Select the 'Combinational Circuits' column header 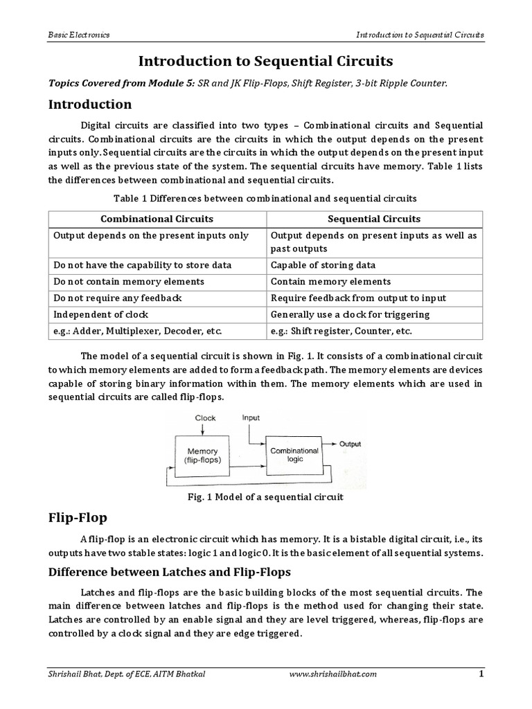[x=157, y=219]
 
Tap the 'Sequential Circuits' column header [x=374, y=219]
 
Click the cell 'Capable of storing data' [x=323, y=265]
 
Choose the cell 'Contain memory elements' [x=330, y=282]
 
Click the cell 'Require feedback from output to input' [x=358, y=298]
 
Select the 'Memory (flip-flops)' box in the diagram [x=202, y=456]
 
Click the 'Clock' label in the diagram [x=205, y=418]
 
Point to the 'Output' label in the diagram [x=349, y=444]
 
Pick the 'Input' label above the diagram [x=251, y=418]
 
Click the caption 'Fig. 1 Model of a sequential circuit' [x=265, y=497]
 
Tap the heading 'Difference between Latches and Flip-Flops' [x=169, y=573]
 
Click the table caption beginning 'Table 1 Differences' [x=265, y=198]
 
